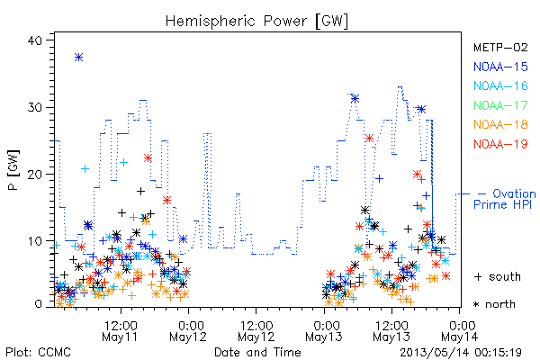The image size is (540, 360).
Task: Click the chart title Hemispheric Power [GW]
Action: click(x=256, y=21)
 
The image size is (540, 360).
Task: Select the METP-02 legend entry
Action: click(x=500, y=47)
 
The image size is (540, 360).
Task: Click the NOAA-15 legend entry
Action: click(x=500, y=67)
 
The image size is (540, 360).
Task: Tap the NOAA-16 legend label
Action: click(x=500, y=85)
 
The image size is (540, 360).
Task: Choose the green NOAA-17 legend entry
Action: click(x=500, y=105)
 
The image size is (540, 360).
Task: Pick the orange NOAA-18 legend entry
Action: click(x=500, y=124)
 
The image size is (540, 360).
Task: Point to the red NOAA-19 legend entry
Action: click(x=500, y=144)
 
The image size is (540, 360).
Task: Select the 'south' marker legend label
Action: click(x=498, y=276)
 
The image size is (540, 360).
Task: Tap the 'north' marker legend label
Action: click(x=494, y=304)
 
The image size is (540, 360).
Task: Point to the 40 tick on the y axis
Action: click(x=34, y=40)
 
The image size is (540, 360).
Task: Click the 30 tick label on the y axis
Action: click(x=34, y=107)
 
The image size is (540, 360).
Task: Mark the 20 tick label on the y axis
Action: click(x=34, y=174)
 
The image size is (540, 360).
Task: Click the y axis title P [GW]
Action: click(x=13, y=170)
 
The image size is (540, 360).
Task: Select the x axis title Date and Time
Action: click(x=257, y=352)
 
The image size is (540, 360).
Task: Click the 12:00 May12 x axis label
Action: click(x=256, y=331)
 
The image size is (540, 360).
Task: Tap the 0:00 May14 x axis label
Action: click(x=460, y=331)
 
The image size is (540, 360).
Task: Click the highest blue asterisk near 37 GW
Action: click(x=79, y=58)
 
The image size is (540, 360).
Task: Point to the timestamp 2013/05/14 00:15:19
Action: click(x=461, y=353)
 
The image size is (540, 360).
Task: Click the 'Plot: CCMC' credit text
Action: click(x=38, y=352)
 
